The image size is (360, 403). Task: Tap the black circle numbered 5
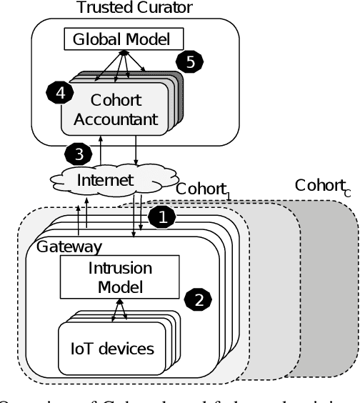coord(189,62)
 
